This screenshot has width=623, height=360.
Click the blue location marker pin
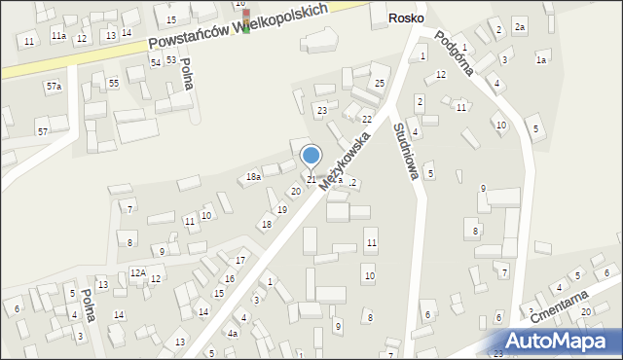pyautogui.click(x=311, y=156)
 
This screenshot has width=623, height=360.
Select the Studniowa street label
pyautogui.click(x=406, y=151)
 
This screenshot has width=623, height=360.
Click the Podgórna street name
pyautogui.click(x=454, y=52)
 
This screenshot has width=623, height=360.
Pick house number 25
pyautogui.click(x=380, y=85)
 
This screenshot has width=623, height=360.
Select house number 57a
pyautogui.click(x=53, y=88)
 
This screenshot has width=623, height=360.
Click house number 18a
pyautogui.click(x=253, y=177)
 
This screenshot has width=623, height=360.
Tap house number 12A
pyautogui.click(x=138, y=272)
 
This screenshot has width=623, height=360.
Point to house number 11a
pyautogui.click(x=58, y=36)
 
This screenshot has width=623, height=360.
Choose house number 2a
pyautogui.click(x=520, y=27)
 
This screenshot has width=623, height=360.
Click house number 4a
pyautogui.click(x=233, y=334)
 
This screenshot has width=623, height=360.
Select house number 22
pyautogui.click(x=367, y=119)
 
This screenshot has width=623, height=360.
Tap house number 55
pyautogui.click(x=114, y=84)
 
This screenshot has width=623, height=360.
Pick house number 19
pyautogui.click(x=282, y=209)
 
